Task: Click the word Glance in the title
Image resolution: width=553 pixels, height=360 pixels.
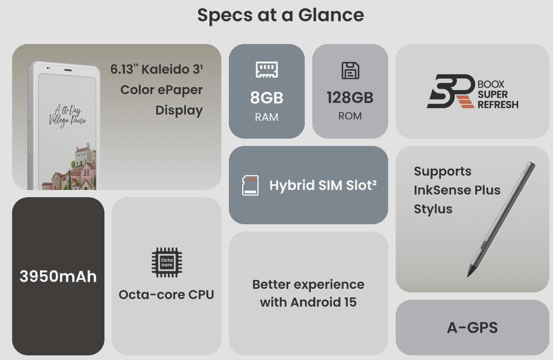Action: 331,15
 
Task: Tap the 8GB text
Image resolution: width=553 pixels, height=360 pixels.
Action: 267,98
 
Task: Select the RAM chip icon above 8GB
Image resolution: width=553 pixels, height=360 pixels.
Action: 267,70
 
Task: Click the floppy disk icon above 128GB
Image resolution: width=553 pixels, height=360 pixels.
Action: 350,71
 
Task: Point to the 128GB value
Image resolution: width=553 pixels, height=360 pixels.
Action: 350,98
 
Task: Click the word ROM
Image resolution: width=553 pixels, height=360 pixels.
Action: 350,116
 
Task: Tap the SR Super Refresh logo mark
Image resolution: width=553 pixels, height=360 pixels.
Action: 451,91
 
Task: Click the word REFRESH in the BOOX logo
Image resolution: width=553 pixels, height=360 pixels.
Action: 498,104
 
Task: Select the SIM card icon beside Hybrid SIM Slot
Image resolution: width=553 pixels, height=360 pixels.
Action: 250,185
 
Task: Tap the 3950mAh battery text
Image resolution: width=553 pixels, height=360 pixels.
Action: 58,277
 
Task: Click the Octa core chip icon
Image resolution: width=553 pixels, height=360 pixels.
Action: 167,262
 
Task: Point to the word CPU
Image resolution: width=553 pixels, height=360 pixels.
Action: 201,295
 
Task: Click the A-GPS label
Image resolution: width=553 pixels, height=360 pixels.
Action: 472,328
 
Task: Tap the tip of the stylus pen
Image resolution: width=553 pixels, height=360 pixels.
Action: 469,275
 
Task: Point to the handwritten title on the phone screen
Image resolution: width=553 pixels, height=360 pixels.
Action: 68,115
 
